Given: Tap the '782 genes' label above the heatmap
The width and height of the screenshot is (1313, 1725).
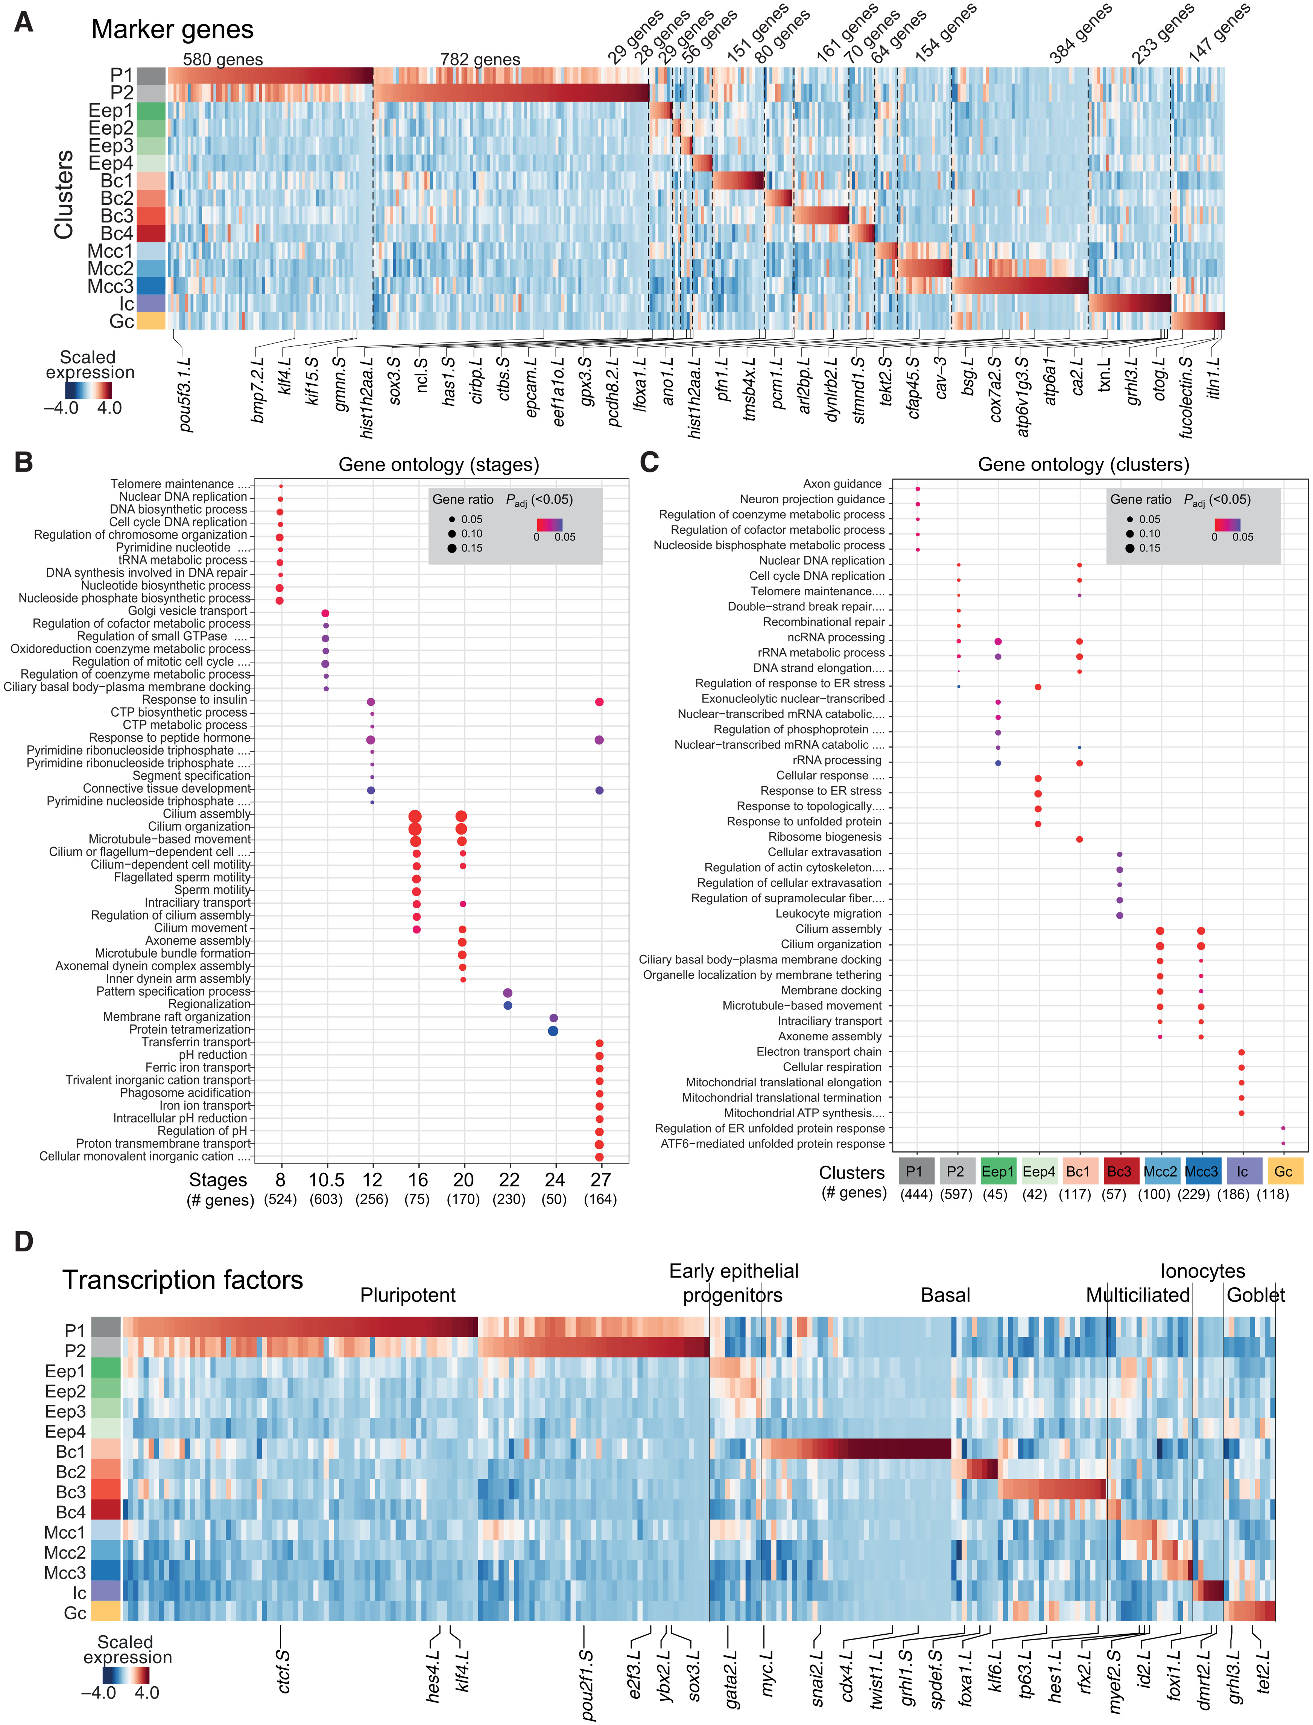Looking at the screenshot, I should [480, 59].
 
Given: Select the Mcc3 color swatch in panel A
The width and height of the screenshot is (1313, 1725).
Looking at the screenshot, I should [151, 285].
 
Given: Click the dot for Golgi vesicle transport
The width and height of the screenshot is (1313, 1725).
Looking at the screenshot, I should [325, 613].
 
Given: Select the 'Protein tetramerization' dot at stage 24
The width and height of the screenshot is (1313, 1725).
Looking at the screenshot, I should [553, 1031].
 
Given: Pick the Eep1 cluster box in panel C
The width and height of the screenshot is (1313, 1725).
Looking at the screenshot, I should [997, 1171].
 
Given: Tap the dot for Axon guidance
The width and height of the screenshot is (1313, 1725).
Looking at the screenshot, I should [918, 490].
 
